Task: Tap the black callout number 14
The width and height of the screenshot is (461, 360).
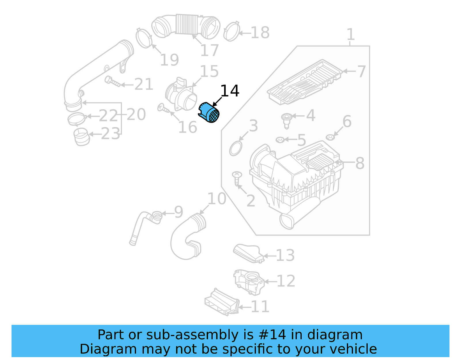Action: [230, 91]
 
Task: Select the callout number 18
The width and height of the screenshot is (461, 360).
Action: [260, 33]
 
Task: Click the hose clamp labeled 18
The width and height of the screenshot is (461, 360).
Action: [231, 32]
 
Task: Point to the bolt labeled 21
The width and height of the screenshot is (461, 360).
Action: [112, 81]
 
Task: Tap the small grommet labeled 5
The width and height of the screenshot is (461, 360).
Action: [280, 140]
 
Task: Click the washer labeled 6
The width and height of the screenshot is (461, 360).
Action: [330, 137]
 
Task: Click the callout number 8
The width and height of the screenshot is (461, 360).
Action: [360, 163]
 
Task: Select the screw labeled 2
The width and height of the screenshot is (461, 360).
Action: [237, 178]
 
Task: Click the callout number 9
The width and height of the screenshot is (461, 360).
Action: [178, 212]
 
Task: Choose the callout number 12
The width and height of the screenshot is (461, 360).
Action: [286, 281]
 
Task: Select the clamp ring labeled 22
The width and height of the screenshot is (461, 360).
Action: [76, 118]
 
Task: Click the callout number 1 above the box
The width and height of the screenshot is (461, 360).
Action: [350, 35]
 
